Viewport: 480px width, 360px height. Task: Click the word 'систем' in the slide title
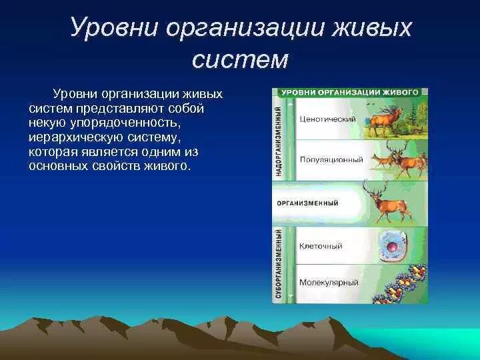(240, 59)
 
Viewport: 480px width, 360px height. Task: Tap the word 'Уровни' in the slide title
(114, 27)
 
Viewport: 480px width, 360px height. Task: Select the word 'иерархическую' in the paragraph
(75, 137)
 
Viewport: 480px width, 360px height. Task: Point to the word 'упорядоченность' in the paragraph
(124, 122)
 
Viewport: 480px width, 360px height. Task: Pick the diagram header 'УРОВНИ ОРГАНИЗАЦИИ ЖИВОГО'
(349, 93)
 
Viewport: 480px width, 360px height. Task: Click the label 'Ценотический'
(327, 119)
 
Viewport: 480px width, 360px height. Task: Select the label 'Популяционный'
(331, 160)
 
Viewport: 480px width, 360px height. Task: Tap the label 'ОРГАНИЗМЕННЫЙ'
(307, 203)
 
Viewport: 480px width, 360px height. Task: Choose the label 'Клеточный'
(321, 246)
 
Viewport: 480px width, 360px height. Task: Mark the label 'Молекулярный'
(329, 282)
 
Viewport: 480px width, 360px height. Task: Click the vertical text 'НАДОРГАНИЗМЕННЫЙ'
(278, 141)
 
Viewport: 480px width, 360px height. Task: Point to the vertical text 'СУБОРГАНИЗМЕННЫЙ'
(278, 264)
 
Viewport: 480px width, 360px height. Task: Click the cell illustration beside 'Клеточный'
(392, 247)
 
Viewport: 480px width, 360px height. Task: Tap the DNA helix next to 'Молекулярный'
(400, 283)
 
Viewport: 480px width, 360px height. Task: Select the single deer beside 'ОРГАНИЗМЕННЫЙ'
(387, 203)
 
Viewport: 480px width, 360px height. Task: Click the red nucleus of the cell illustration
(391, 247)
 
